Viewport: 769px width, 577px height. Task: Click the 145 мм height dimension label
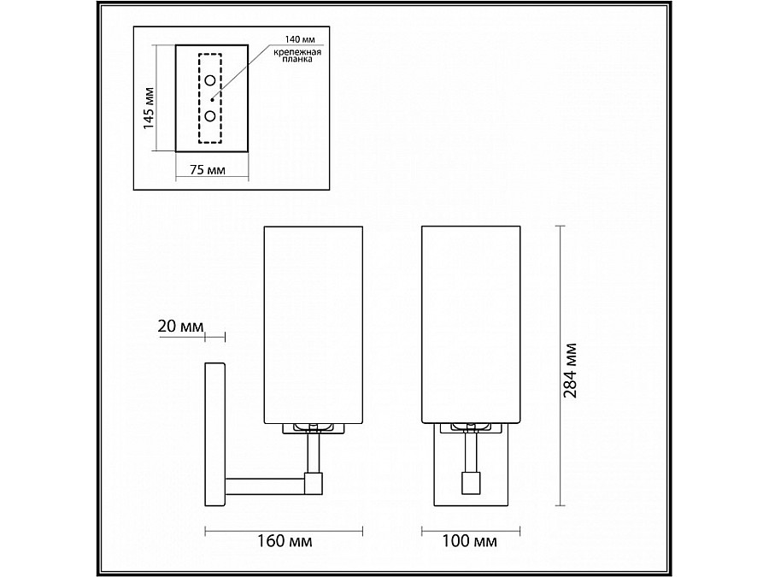coord(149,108)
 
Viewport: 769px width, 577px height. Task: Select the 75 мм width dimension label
coord(208,170)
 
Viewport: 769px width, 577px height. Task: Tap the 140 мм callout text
coord(300,39)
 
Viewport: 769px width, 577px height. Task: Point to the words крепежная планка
coord(297,56)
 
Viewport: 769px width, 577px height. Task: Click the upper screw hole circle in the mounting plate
coord(210,80)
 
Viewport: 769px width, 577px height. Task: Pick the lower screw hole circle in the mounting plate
coord(210,116)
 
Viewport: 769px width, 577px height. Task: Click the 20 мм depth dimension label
coord(180,327)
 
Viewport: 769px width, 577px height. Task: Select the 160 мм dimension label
coord(285,541)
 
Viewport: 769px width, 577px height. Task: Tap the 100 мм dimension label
coord(469,541)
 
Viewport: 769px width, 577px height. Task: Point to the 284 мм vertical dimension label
coord(570,370)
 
